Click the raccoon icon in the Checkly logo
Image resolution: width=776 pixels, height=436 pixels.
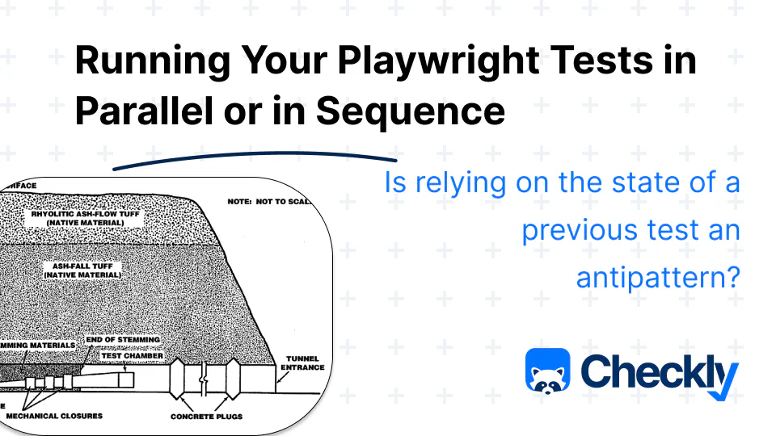click(x=547, y=372)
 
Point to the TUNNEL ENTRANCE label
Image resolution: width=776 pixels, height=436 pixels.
click(x=303, y=362)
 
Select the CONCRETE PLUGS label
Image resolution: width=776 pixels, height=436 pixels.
click(x=207, y=417)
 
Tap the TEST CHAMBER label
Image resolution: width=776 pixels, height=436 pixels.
click(x=132, y=355)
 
